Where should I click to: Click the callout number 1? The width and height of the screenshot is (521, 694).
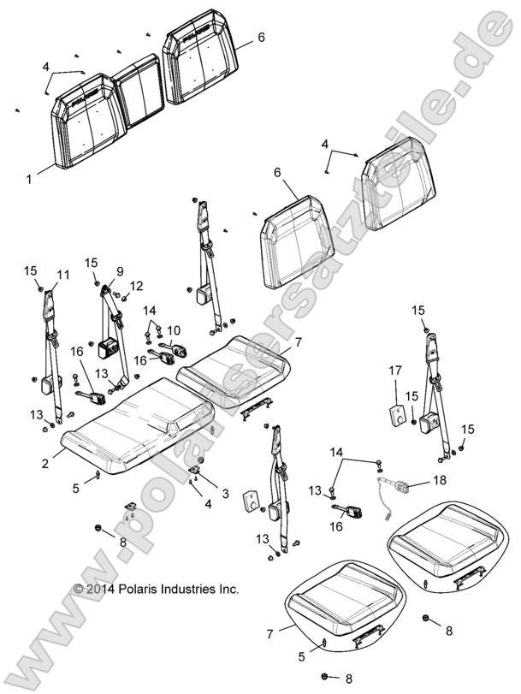(29, 180)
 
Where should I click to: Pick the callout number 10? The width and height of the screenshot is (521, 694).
(173, 330)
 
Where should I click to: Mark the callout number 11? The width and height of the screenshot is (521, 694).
(61, 274)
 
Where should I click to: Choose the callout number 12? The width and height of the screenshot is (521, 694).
(137, 285)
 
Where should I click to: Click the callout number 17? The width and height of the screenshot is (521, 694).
(395, 371)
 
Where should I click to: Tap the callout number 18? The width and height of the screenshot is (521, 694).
(439, 481)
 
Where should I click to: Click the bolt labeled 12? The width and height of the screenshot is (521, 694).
(124, 298)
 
